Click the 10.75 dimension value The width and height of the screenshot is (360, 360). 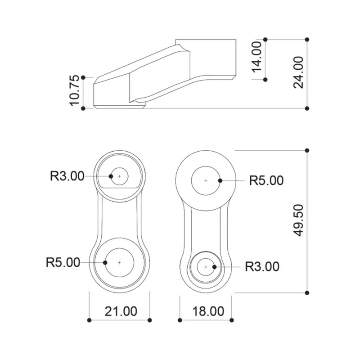(74, 90)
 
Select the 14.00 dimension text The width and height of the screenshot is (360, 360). (256, 57)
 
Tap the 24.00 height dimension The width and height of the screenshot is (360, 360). (298, 72)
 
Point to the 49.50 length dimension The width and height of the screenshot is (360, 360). (298, 220)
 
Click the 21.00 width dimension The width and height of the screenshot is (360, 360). (121, 311)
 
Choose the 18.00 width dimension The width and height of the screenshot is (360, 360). (208, 311)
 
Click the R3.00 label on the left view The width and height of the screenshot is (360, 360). (67, 176)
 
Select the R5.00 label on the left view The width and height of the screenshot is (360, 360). (63, 262)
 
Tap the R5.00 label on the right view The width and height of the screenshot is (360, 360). (266, 180)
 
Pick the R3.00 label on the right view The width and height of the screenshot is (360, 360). (262, 266)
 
